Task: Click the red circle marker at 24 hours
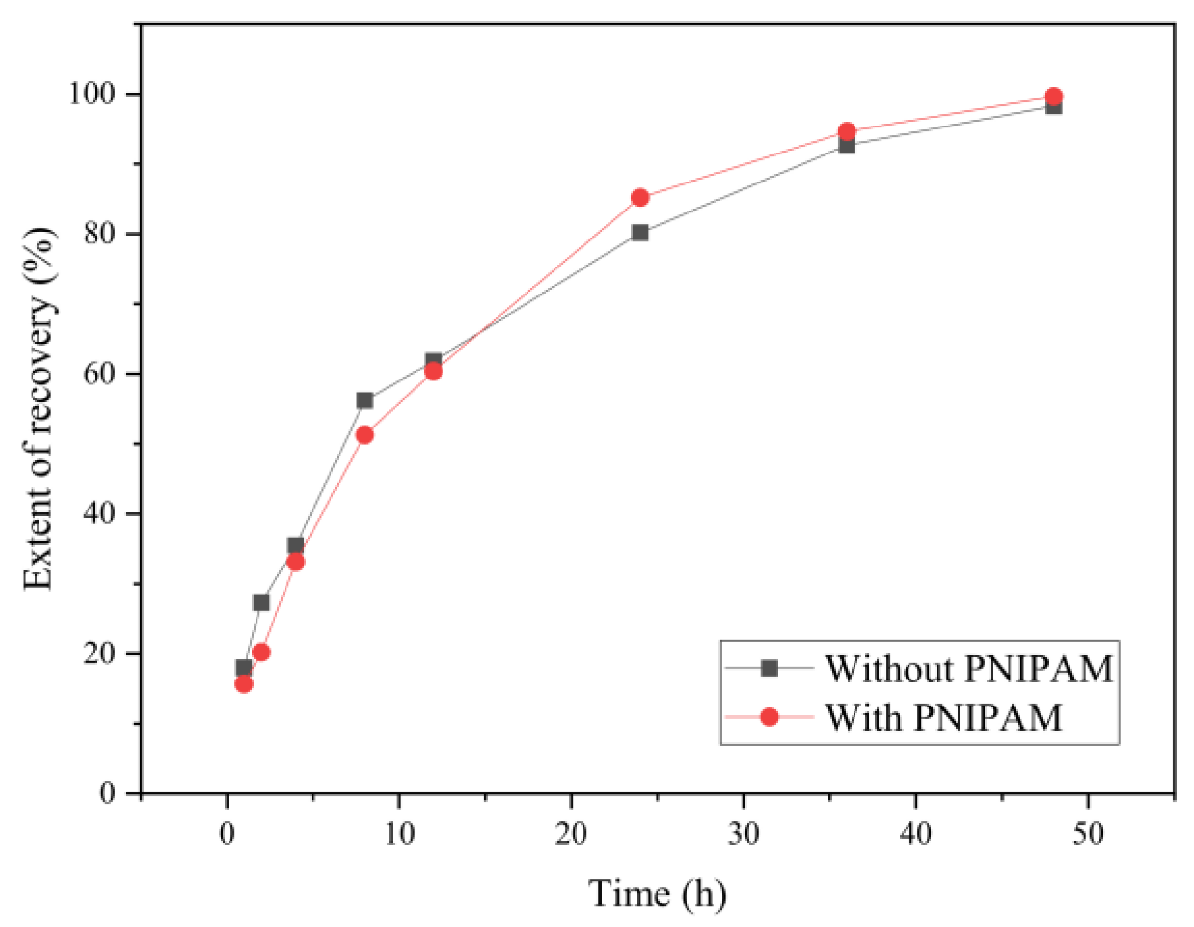(640, 198)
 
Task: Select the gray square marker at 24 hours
(640, 232)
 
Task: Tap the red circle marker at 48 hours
(1054, 97)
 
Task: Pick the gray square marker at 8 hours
(364, 400)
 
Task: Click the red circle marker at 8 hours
(364, 435)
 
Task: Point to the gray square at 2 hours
(261, 603)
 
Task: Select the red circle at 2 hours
(261, 652)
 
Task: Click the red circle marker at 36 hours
(847, 131)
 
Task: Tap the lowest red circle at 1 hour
(243, 684)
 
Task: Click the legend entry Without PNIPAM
(969, 669)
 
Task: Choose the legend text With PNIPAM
(943, 717)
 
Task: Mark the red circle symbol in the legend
(769, 717)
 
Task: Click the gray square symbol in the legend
(769, 669)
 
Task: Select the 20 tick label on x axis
(571, 834)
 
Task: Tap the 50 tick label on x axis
(1088, 834)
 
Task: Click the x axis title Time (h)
(657, 894)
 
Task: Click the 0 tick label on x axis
(227, 834)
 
